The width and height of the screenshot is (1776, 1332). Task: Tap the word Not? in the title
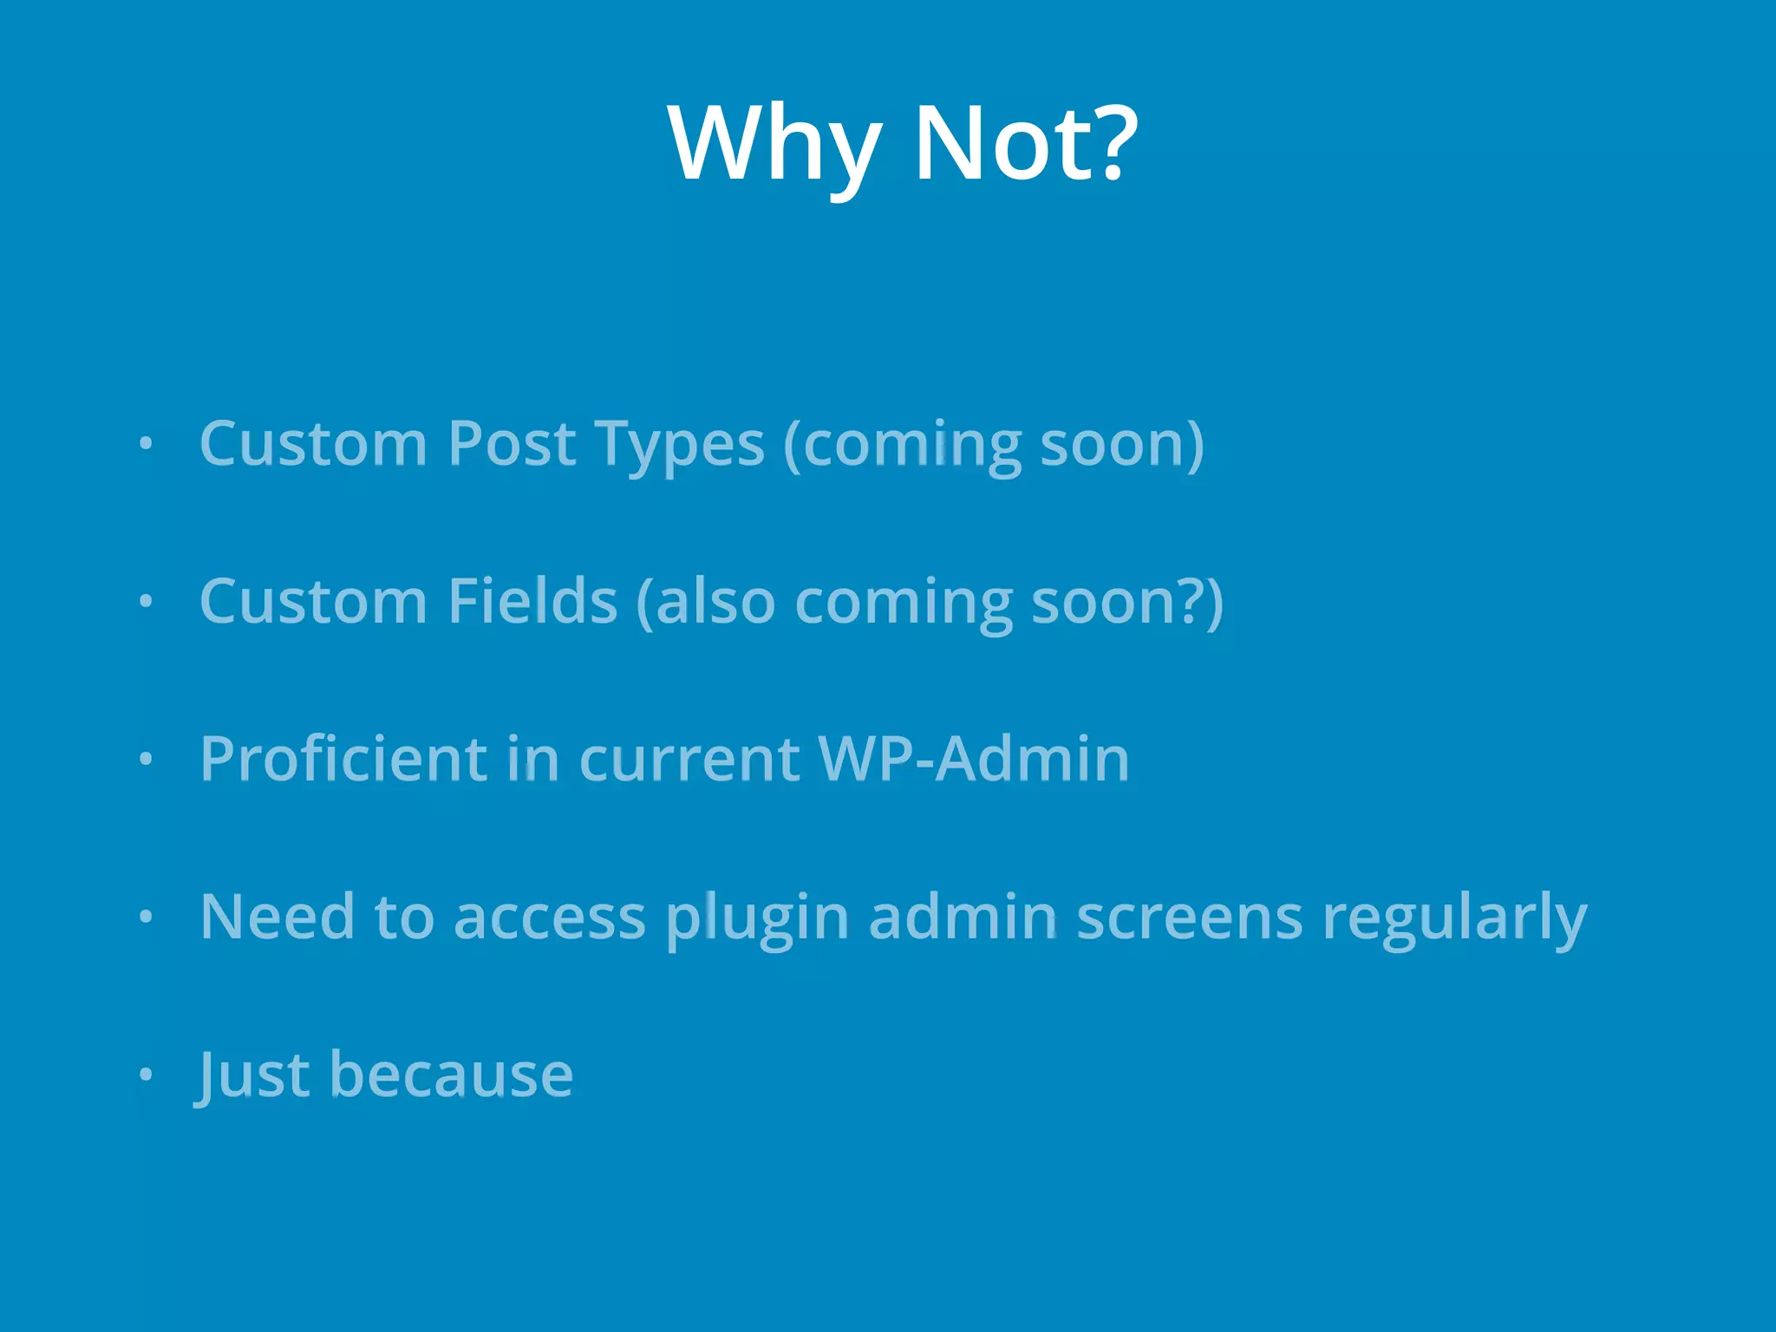click(x=1025, y=143)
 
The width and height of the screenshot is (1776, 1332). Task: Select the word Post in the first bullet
click(x=512, y=444)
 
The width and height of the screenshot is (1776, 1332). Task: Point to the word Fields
click(x=532, y=601)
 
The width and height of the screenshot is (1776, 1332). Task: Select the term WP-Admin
click(x=974, y=759)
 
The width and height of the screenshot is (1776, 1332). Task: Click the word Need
click(x=277, y=917)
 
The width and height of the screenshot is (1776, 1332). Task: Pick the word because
click(x=451, y=1075)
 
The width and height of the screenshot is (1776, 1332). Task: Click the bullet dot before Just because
click(x=146, y=1074)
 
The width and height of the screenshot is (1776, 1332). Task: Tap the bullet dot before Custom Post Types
click(x=146, y=444)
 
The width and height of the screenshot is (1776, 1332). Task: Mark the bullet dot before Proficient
click(x=146, y=760)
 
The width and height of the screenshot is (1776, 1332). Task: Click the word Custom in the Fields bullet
click(x=313, y=601)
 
